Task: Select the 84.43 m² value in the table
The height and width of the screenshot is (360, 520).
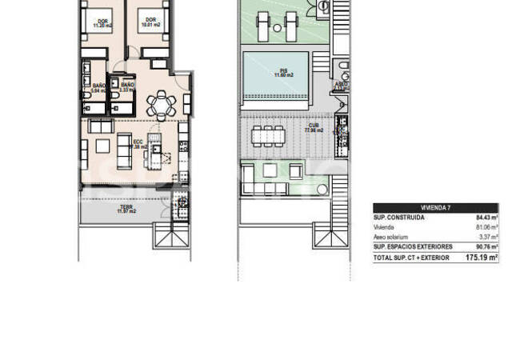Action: point(482,217)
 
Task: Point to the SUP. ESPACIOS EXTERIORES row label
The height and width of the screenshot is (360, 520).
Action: point(413,247)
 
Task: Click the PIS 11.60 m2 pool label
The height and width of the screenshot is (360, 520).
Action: point(279,73)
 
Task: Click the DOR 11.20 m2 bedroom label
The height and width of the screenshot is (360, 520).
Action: point(103,23)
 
